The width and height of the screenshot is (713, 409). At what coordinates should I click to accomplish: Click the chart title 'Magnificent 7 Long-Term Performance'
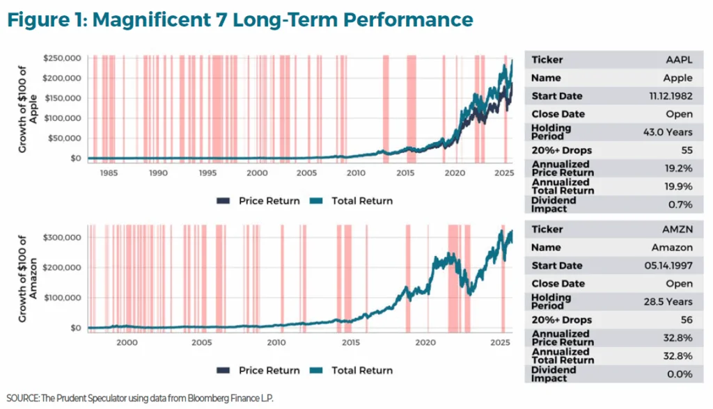(x=240, y=19)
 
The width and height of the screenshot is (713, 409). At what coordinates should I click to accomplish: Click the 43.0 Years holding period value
(x=668, y=132)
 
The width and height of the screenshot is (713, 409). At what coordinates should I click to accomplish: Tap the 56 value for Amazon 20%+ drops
(x=686, y=320)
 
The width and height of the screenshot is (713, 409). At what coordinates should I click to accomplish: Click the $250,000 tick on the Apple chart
(x=62, y=58)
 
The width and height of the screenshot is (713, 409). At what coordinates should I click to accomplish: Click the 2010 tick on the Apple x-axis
(x=356, y=172)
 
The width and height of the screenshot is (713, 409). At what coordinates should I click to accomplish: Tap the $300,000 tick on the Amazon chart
(x=62, y=237)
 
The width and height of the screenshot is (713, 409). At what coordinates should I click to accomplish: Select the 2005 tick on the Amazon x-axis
(x=202, y=342)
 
